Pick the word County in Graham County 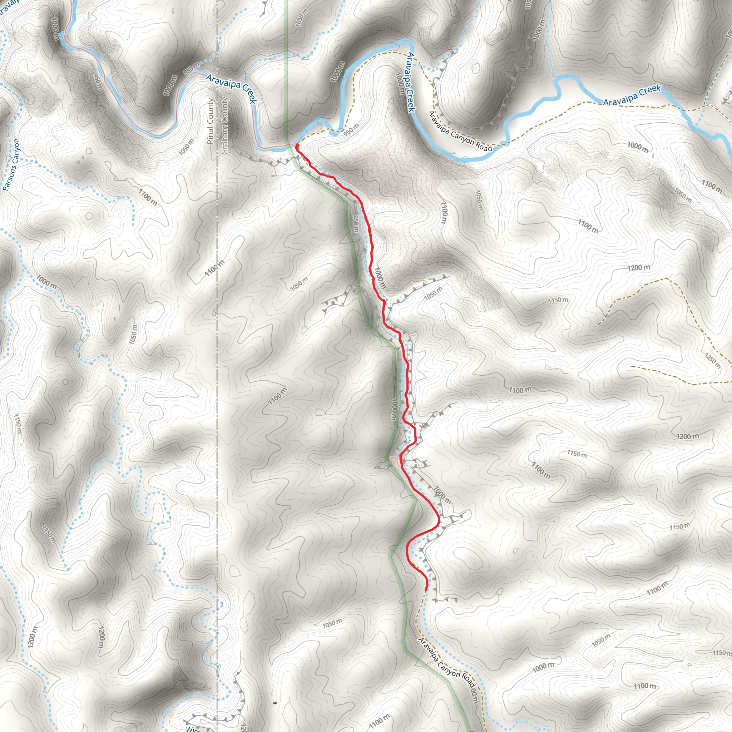point(225,110)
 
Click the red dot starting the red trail point(297,145)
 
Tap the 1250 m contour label point(712,360)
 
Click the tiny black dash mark point(275,703)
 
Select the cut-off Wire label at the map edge point(193,728)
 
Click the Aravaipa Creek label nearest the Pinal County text point(232,88)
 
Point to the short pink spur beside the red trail point(394,459)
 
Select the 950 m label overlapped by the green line point(355,224)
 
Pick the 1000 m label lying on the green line point(394,409)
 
